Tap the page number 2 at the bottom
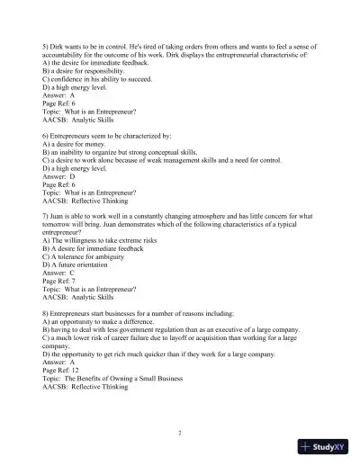(180, 433)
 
